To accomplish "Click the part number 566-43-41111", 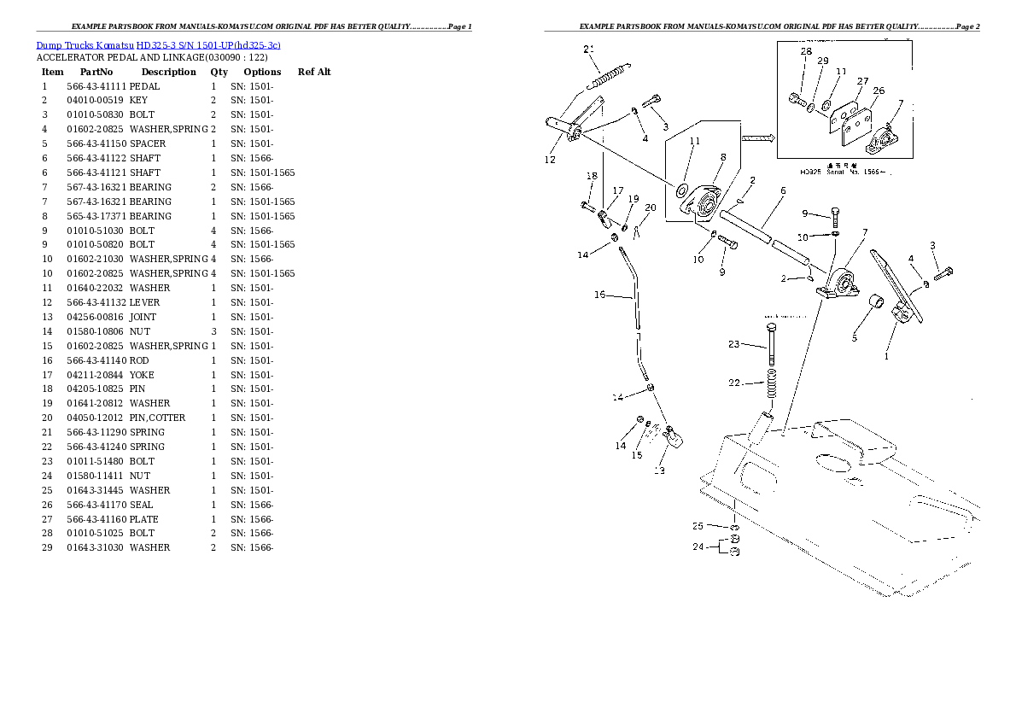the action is click(96, 86).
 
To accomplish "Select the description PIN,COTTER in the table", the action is click(157, 418).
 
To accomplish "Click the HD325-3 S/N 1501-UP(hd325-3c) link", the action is click(208, 45).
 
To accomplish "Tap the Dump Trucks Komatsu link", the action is click(85, 45).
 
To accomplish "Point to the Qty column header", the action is click(219, 72).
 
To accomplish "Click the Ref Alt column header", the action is click(314, 72).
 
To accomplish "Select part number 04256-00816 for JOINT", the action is click(95, 317).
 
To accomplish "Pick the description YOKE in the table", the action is click(142, 375).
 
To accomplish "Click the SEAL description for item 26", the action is click(141, 505).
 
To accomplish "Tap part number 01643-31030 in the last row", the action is click(95, 548).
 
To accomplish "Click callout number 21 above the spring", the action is click(588, 50).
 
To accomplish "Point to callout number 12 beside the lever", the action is click(550, 160).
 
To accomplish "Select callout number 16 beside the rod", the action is click(600, 295).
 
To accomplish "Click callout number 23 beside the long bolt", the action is click(733, 344).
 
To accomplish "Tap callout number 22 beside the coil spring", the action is click(733, 383).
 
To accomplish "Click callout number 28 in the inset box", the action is click(806, 51).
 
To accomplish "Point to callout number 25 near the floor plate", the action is click(698, 526).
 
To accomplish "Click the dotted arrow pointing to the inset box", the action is click(758, 137).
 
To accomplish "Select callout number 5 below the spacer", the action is click(854, 338).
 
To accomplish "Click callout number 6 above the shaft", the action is click(783, 190).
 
